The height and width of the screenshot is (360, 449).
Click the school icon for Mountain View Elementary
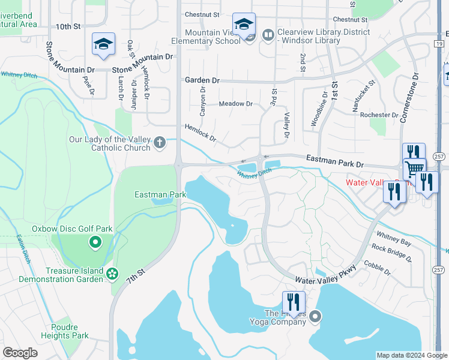(x=244, y=25)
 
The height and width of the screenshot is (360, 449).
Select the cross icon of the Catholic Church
(x=159, y=143)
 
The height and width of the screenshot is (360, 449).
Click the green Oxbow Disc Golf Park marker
(x=94, y=242)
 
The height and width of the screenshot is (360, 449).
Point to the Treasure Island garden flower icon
(x=112, y=274)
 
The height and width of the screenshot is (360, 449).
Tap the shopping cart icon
(x=414, y=170)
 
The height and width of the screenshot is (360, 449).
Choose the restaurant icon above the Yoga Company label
(x=293, y=301)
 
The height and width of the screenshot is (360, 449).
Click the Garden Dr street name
(x=202, y=80)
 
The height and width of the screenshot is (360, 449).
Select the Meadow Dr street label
(x=235, y=104)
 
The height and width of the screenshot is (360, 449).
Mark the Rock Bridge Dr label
(x=391, y=253)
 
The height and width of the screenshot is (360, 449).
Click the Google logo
(x=20, y=353)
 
